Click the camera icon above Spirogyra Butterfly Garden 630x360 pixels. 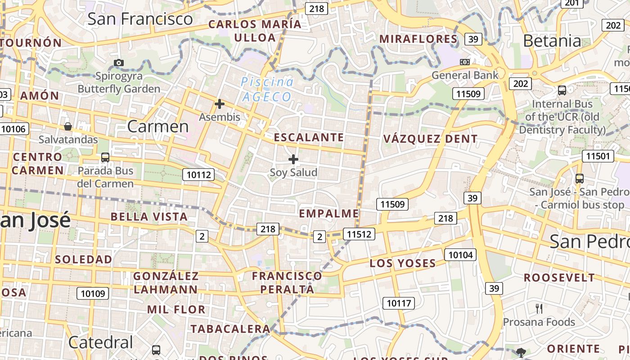pos(119,63)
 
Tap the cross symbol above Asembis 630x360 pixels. pos(220,104)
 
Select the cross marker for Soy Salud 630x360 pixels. pos(293,159)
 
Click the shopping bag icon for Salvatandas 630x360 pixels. pos(68,126)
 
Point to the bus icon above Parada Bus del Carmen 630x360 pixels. pos(105,157)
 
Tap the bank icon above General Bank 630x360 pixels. pos(465,62)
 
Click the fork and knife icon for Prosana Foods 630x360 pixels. pos(539,308)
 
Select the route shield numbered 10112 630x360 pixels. pos(198,175)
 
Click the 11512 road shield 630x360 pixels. pos(359,234)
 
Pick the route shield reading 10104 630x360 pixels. pos(460,255)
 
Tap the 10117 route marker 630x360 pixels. pos(399,303)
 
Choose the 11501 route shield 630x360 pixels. pos(598,156)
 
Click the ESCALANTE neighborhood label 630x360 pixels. pos(309,137)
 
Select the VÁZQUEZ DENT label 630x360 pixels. pos(430,139)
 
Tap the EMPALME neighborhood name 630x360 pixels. pos(329,213)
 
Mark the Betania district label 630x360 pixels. pos(552,41)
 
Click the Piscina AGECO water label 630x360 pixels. pos(267,89)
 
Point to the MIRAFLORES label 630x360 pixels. pos(418,39)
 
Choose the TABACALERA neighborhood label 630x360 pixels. pos(230,329)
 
